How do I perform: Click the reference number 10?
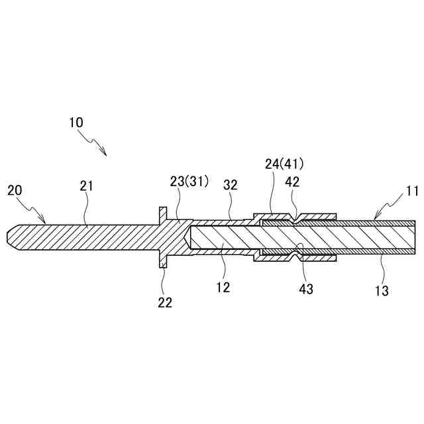(x=76, y=123)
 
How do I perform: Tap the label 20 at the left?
(x=15, y=191)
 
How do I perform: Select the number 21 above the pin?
(x=87, y=186)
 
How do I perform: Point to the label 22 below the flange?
(x=165, y=303)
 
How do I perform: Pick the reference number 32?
(x=230, y=186)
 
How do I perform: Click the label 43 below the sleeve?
(x=305, y=289)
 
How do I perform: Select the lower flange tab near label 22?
(x=162, y=260)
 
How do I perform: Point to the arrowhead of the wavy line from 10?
(x=105, y=154)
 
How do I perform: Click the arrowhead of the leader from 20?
(x=44, y=221)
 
